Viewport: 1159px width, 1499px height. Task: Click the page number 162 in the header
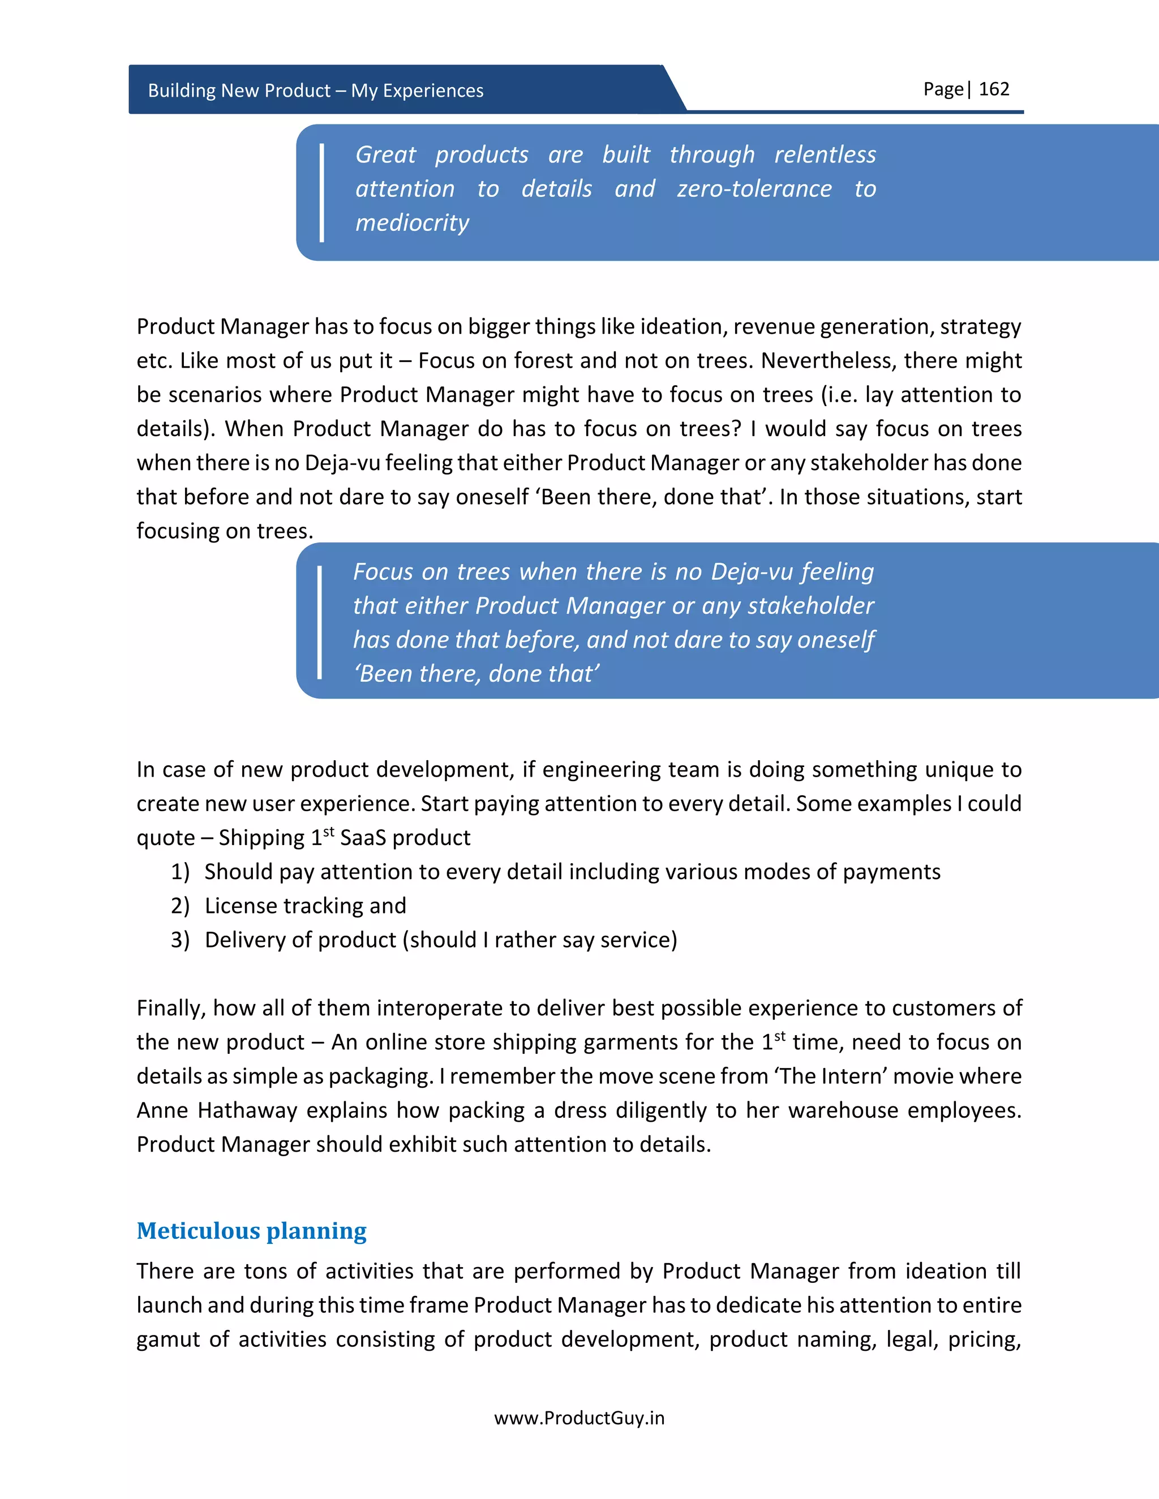tap(994, 89)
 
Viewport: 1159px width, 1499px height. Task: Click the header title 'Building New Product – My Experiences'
tap(315, 91)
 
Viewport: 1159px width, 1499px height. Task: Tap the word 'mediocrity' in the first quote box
tap(412, 222)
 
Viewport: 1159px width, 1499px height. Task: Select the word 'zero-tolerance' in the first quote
tap(754, 189)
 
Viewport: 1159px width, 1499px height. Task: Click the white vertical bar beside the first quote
tap(321, 192)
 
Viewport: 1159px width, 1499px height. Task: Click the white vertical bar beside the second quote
tap(320, 622)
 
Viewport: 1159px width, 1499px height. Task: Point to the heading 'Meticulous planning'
tap(251, 1231)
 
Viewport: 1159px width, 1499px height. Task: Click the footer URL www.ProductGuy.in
tap(579, 1418)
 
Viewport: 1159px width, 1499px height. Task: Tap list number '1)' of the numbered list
tap(180, 872)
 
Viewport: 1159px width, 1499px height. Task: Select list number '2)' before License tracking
tap(180, 906)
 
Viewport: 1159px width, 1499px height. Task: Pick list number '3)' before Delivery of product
tap(180, 940)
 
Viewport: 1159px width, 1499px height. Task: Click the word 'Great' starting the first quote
tap(385, 154)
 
